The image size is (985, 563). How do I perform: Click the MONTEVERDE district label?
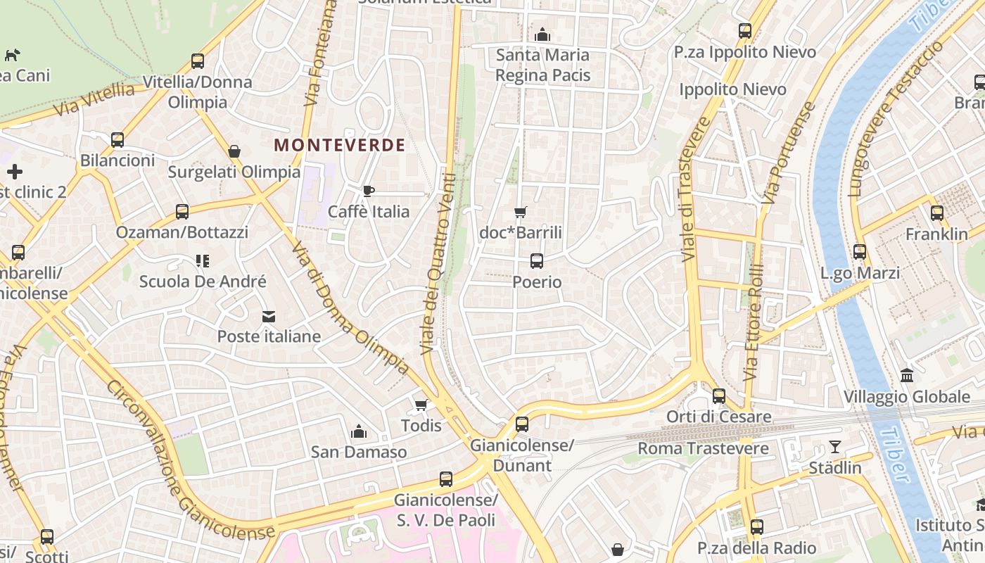point(340,146)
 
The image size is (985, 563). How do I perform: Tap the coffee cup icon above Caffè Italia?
point(368,191)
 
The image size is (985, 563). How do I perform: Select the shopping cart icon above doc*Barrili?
point(521,212)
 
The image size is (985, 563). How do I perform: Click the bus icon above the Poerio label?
point(537,261)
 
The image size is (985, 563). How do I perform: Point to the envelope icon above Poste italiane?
point(269,317)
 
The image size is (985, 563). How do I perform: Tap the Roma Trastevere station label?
point(703,448)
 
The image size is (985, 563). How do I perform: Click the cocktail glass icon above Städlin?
point(834,447)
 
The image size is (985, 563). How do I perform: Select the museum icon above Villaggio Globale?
point(907,376)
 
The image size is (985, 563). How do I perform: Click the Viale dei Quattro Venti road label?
point(438,264)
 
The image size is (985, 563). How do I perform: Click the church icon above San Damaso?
point(359,431)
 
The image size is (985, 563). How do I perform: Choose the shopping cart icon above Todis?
point(421,405)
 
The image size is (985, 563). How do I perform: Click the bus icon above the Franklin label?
point(936,213)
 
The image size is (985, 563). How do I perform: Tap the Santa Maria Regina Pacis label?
point(542,65)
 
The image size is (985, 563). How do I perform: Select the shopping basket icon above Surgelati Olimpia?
point(234,151)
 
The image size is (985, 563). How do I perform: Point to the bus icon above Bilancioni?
point(117,139)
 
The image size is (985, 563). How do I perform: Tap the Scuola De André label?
point(203,281)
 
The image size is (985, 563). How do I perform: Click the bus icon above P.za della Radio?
point(756,526)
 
